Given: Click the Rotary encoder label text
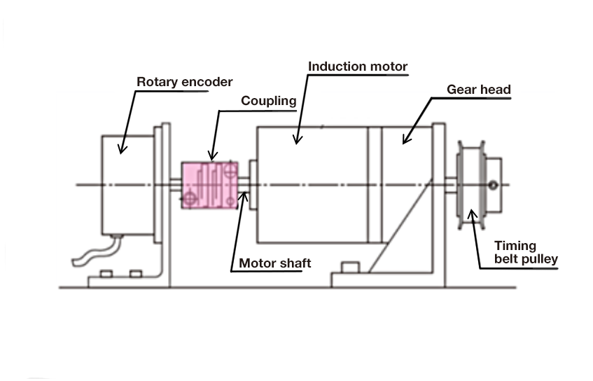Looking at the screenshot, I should (183, 82).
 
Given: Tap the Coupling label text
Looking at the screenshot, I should (268, 101).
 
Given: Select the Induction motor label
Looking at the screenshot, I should (358, 67).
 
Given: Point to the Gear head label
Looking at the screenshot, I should (479, 90).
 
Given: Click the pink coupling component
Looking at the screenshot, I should (209, 185).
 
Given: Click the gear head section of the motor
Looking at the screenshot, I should (405, 168).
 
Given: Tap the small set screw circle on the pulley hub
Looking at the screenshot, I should (494, 185).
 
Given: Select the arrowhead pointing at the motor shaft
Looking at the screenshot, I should (244, 193).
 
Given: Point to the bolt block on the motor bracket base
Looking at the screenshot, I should (350, 267).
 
